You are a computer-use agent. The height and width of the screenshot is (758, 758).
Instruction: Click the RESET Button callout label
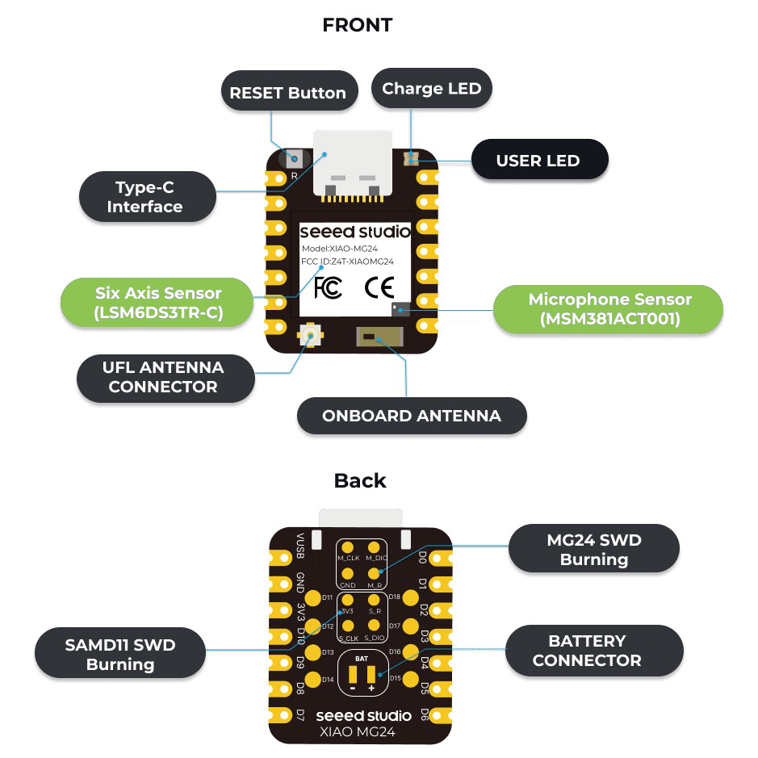pos(287,93)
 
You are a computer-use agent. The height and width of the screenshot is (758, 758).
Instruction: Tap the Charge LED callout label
pos(431,89)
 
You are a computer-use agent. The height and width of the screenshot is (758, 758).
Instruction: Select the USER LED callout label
pos(538,161)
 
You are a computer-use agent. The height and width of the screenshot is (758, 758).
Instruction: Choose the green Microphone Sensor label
pos(609,309)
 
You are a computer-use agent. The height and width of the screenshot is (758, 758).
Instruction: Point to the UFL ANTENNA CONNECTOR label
pos(163,377)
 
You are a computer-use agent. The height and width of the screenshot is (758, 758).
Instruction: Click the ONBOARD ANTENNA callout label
pos(412,417)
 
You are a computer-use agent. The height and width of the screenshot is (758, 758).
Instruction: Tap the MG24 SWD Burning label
pos(593,550)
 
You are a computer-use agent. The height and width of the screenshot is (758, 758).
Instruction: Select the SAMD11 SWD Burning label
pos(120,655)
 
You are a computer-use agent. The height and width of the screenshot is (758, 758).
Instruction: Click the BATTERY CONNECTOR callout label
pos(587,651)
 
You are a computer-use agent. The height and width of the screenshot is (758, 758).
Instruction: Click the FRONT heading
pos(358,25)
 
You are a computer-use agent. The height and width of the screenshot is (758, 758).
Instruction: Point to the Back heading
pos(360,481)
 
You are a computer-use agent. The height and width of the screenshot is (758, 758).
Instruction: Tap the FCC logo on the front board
pos(326,288)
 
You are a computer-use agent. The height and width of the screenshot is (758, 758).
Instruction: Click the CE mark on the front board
pos(379,288)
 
